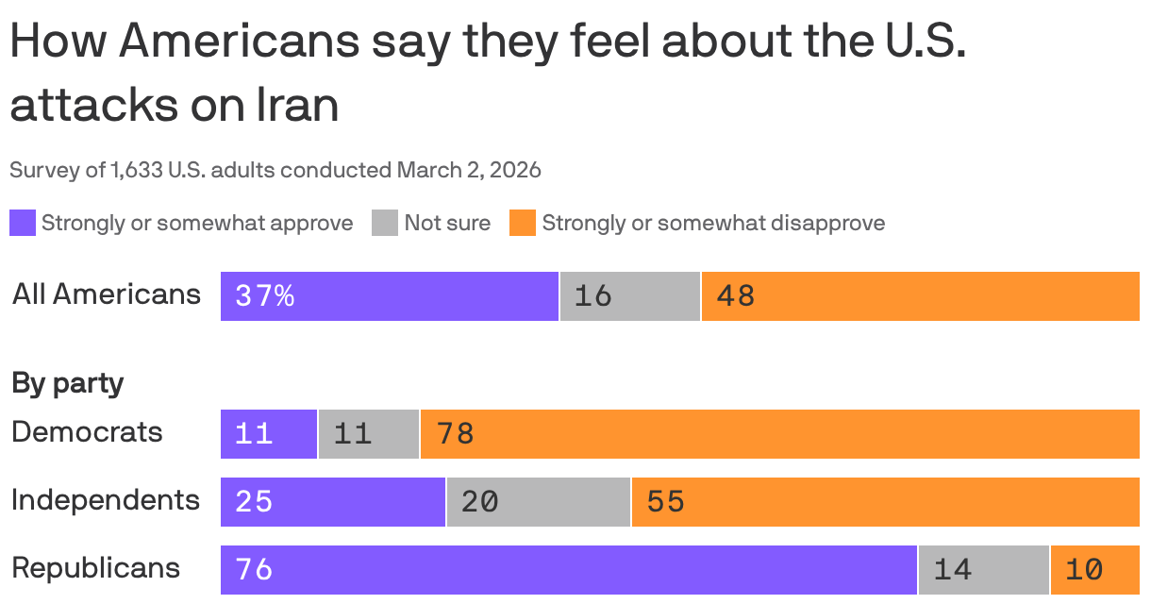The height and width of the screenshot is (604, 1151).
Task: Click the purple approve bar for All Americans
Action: [390, 296]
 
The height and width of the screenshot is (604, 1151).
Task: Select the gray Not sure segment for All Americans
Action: [630, 296]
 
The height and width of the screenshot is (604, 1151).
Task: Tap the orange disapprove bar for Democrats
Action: [779, 434]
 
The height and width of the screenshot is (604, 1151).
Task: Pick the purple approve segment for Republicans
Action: [569, 570]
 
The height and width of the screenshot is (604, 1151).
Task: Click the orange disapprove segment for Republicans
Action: [1094, 570]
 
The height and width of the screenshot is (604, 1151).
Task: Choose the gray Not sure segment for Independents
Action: [539, 502]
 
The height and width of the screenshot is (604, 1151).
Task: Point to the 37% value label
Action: [265, 296]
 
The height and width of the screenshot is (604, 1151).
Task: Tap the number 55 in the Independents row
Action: [665, 502]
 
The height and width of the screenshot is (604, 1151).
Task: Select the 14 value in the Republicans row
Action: [953, 570]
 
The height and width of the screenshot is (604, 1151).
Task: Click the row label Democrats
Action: [87, 432]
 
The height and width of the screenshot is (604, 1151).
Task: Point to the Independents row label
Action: [106, 500]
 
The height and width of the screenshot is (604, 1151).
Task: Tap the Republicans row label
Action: [95, 568]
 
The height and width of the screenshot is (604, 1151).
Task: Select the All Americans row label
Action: [107, 294]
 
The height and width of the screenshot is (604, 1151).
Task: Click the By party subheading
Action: [67, 383]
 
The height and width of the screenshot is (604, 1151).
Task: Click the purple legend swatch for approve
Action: [23, 224]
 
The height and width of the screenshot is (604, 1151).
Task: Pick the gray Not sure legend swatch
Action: [385, 224]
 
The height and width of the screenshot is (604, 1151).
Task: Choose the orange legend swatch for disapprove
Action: [523, 224]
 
